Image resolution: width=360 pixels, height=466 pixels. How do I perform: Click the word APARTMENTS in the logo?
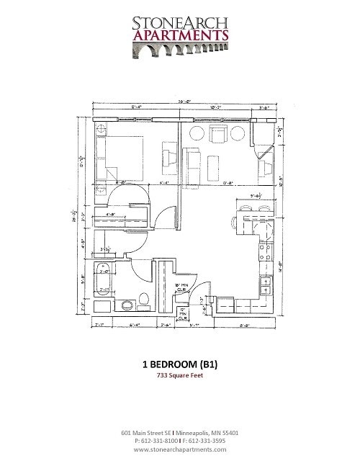tap(180, 35)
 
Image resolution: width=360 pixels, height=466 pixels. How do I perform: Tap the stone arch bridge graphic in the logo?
tap(180, 50)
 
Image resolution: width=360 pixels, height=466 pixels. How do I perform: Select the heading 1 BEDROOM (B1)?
tap(180, 364)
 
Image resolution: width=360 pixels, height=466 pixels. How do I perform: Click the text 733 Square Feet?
tap(180, 376)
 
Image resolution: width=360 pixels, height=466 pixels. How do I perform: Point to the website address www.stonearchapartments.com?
tap(180, 449)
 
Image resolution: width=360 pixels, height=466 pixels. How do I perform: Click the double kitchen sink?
tap(265, 286)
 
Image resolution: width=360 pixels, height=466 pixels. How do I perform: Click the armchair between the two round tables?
tap(217, 133)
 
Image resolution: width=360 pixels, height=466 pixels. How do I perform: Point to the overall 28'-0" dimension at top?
tap(184, 101)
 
